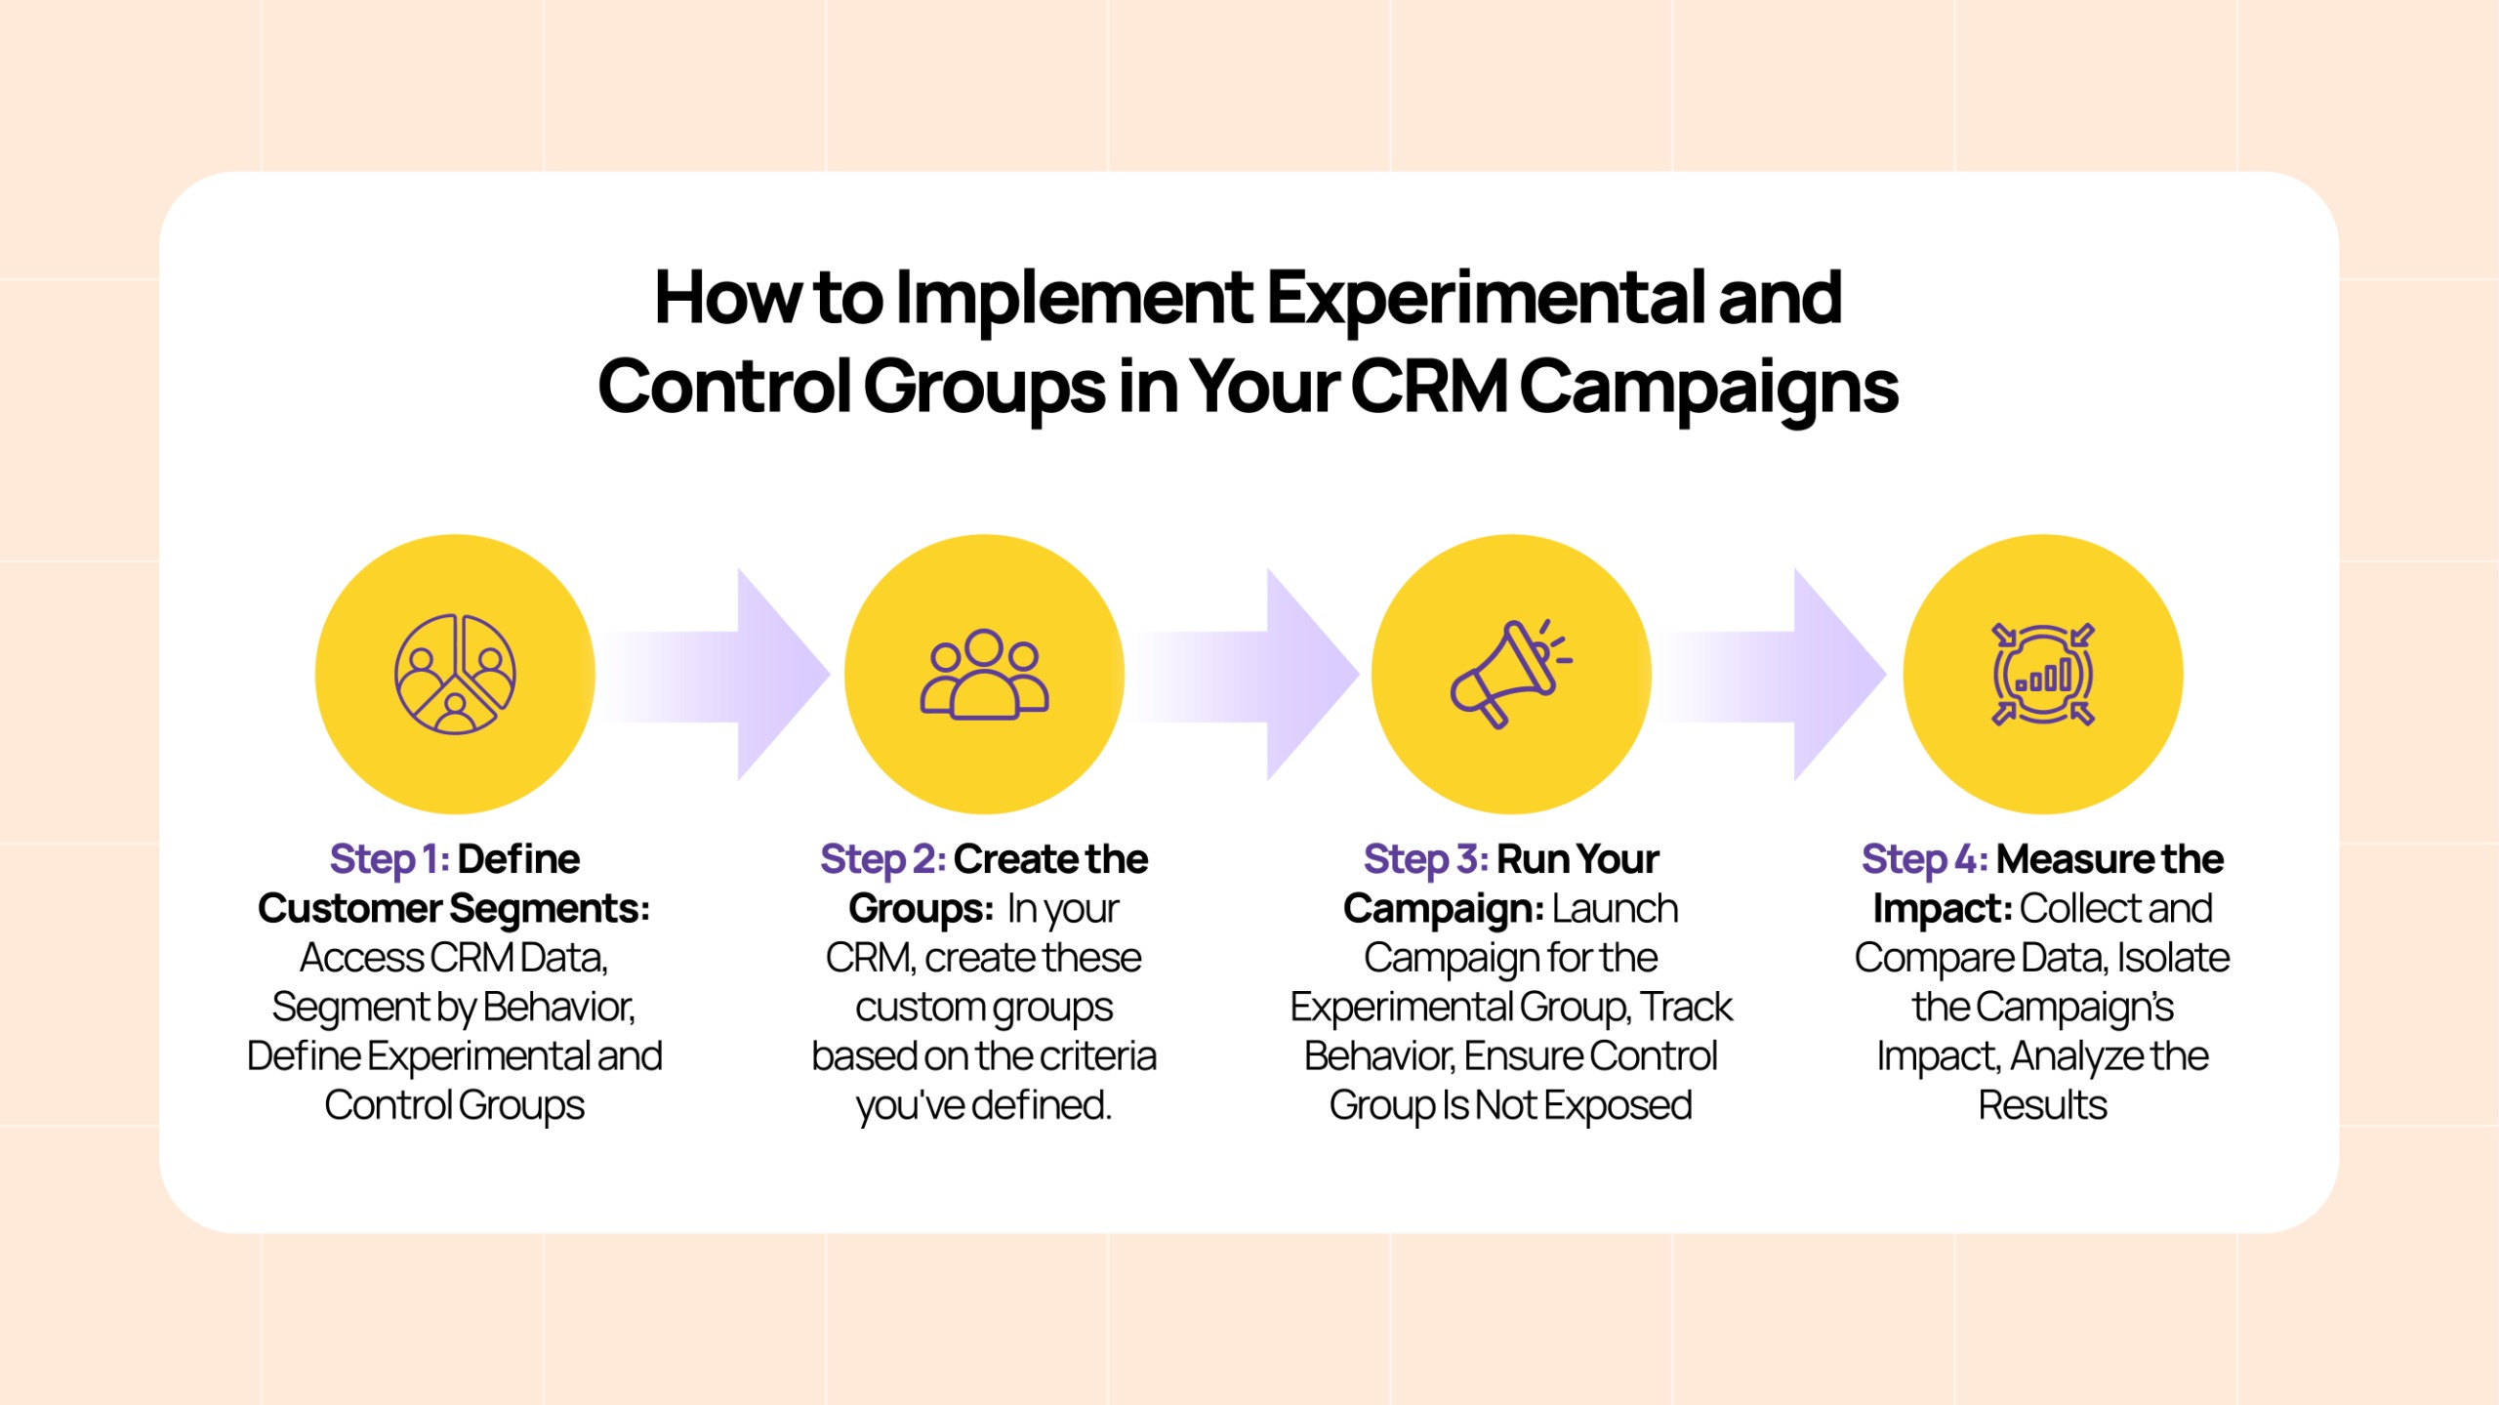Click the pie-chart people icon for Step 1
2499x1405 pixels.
(x=455, y=674)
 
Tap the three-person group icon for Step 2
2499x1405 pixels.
(x=984, y=674)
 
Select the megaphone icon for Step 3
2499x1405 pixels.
(x=1509, y=674)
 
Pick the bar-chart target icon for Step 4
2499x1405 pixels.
(x=2042, y=674)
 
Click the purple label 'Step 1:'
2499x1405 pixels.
(x=389, y=859)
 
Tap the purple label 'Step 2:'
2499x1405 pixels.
(x=882, y=859)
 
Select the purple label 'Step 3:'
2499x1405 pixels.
(x=1425, y=859)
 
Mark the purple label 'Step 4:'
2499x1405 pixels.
(x=1924, y=859)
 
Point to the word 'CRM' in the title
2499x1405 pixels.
(x=1430, y=387)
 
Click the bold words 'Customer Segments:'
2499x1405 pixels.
(x=454, y=909)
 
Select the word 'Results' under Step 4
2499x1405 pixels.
(x=2042, y=1105)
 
